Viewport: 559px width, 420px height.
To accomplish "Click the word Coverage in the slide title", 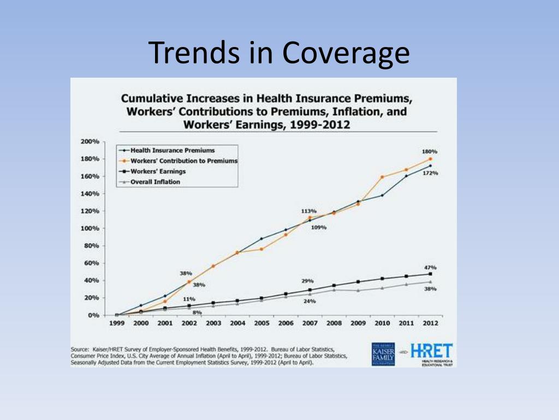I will [346, 53].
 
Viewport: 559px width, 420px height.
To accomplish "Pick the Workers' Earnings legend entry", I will [156, 172].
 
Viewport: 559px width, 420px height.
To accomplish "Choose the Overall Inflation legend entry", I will [155, 182].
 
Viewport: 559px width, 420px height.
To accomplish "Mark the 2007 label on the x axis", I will [310, 323].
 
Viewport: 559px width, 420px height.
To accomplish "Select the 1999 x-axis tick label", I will [117, 323].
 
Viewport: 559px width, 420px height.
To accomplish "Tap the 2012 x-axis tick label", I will [430, 323].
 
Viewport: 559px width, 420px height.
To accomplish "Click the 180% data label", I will [430, 151].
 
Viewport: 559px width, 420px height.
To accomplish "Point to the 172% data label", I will [431, 173].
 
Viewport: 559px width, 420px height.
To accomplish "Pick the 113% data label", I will [309, 211].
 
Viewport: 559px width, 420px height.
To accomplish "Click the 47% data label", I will [431, 267].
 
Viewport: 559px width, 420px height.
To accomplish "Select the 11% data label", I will [189, 299].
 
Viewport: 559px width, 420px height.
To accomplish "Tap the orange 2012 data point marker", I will [430, 159].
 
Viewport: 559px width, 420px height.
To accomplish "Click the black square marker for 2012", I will [430, 274].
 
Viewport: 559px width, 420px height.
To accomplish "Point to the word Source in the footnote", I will [80, 348].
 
